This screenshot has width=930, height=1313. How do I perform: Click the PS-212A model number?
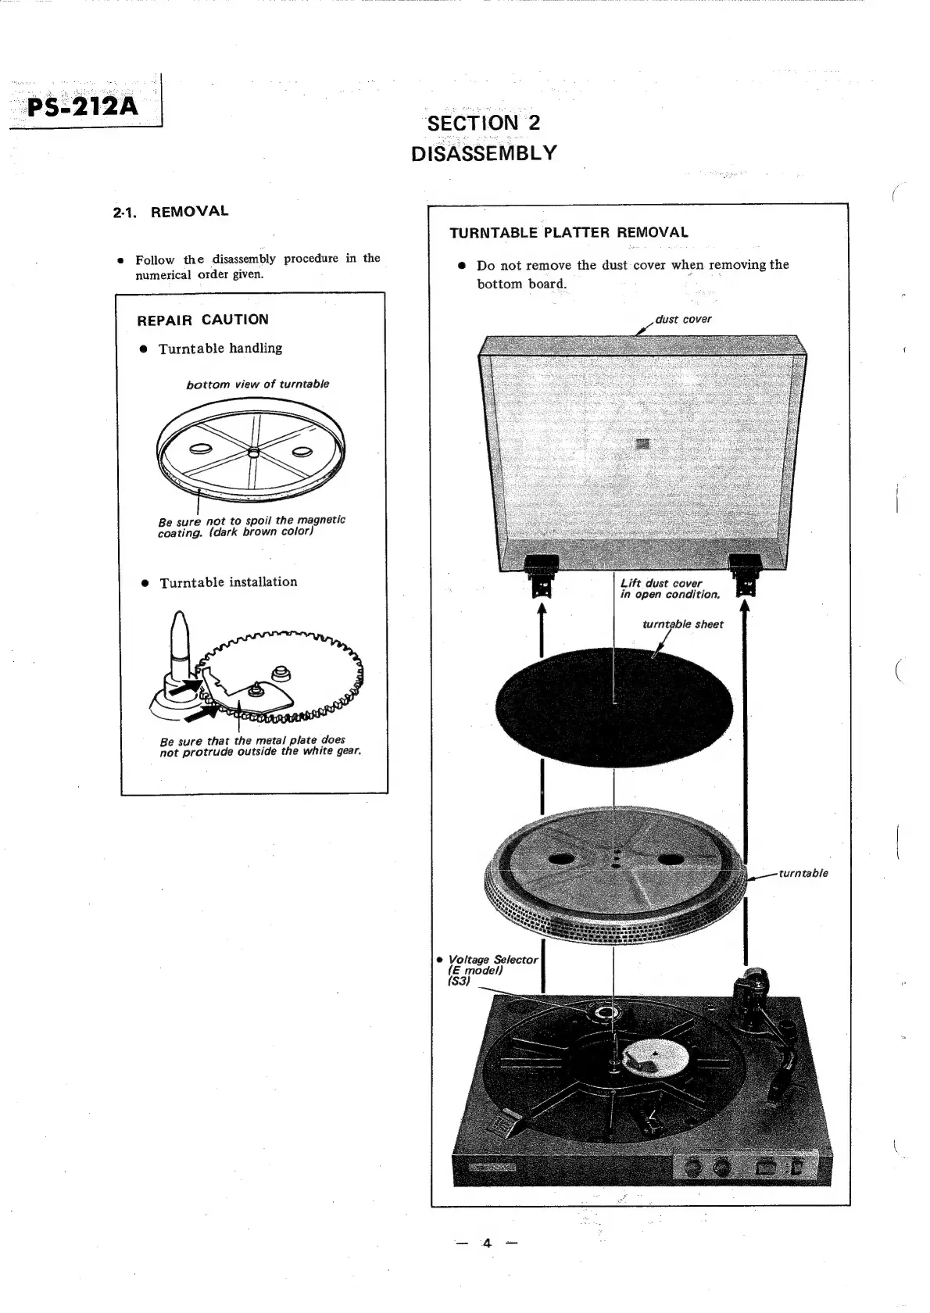83,105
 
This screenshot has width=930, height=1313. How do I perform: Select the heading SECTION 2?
484,123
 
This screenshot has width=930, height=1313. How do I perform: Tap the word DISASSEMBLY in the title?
484,152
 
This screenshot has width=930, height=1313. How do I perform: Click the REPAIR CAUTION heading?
202,320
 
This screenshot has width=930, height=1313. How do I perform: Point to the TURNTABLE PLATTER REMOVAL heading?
569,232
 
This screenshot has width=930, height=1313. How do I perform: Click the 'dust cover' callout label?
683,319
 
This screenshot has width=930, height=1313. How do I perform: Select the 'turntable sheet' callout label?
682,624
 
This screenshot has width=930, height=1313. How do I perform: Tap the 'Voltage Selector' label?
492,960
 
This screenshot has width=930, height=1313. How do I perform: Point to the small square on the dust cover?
642,443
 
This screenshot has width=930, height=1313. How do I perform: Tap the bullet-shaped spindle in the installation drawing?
178,641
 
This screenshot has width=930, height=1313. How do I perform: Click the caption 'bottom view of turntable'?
257,385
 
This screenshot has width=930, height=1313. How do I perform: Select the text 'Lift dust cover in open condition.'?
669,589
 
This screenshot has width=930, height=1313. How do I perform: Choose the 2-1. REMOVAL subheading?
170,211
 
